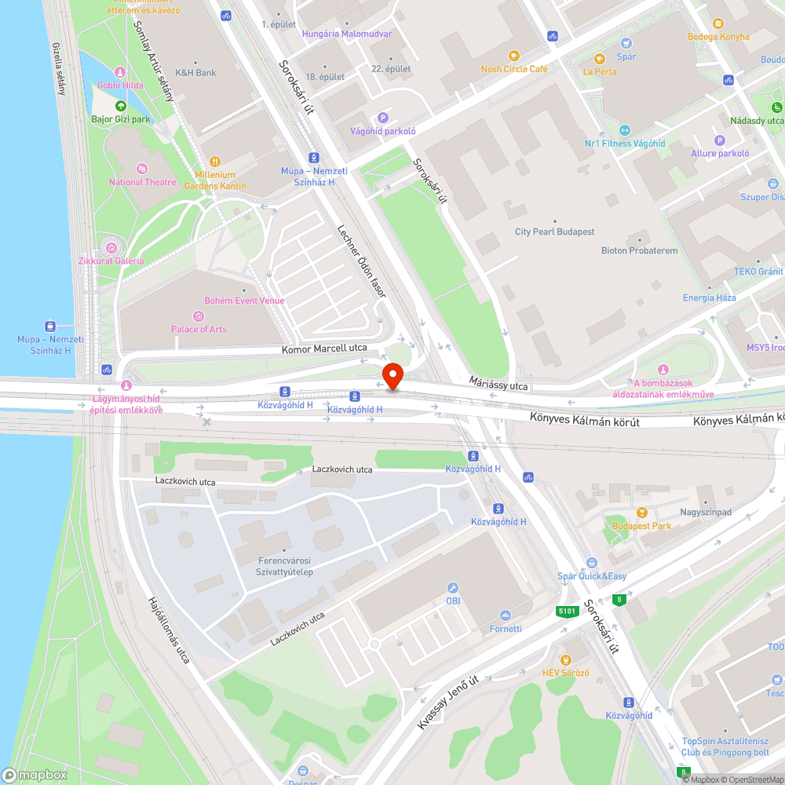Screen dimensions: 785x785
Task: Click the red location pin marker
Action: pos(392,376)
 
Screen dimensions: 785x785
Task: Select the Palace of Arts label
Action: pos(199,329)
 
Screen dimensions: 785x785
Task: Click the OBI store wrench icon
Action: pos(453,587)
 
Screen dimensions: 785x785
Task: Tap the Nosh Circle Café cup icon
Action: pos(514,56)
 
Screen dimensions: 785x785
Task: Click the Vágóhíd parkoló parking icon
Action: pos(383,117)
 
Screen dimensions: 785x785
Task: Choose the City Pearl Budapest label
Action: pos(554,232)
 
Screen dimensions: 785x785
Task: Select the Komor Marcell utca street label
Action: pos(325,349)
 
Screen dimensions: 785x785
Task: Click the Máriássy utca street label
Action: pos(497,384)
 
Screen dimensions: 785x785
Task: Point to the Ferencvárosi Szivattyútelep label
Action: pos(285,566)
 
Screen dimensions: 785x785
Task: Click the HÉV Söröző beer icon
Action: pos(565,659)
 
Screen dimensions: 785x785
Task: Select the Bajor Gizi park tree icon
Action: pos(120,106)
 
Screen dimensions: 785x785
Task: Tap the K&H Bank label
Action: pos(195,73)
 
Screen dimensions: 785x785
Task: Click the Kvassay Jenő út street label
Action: pos(447,704)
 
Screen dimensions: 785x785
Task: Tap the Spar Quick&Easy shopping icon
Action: pos(591,563)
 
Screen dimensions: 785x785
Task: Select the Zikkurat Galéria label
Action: pos(111,261)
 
